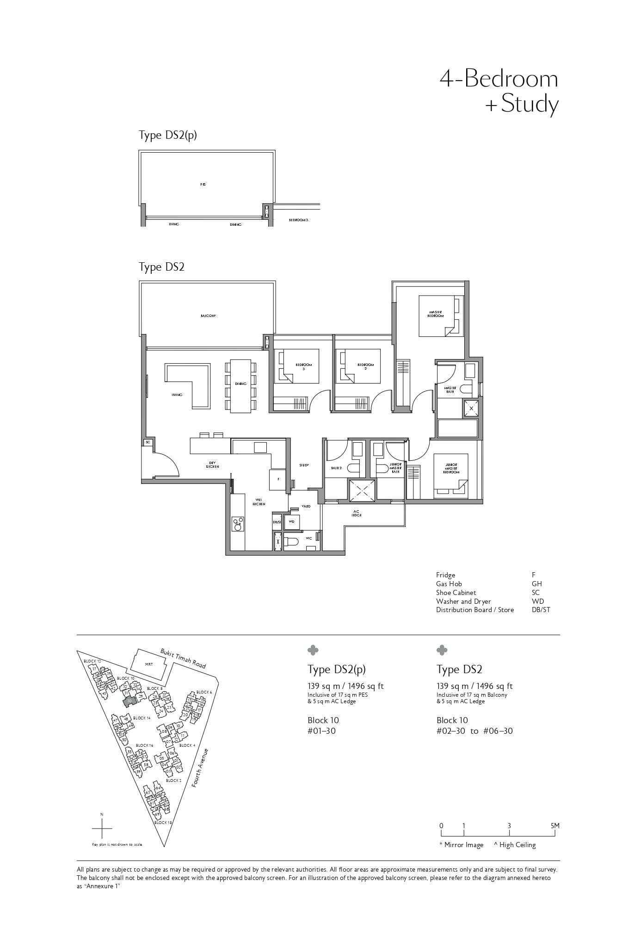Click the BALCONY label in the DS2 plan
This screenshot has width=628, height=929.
coord(209,316)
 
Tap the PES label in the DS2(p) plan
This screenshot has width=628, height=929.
coord(203,184)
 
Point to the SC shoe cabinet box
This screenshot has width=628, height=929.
coord(148,442)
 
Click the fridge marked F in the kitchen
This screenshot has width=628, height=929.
coord(278,479)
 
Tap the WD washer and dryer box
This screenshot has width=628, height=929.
coord(291,521)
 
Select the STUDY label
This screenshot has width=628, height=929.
coord(304,465)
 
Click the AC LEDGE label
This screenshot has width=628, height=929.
coord(356,514)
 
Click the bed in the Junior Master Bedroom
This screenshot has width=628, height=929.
coord(451,476)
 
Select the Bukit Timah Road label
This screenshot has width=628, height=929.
coord(183,658)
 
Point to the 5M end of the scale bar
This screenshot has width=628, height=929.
coord(555,826)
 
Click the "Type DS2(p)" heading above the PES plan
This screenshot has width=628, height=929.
coord(168,135)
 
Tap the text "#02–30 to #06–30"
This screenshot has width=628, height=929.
coord(474,731)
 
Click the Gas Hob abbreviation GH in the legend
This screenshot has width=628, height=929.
coord(536,584)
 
